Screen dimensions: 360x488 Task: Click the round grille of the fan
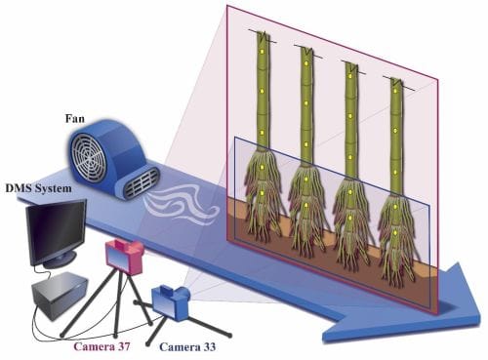coord(96,156)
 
